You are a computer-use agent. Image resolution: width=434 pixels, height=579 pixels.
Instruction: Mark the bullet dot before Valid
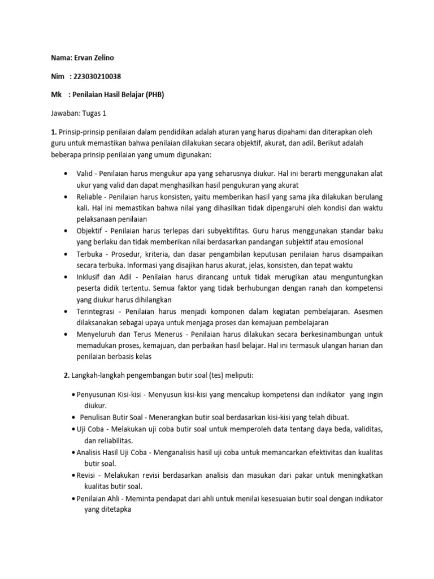[67, 173]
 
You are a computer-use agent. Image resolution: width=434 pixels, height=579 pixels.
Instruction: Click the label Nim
[58, 76]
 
